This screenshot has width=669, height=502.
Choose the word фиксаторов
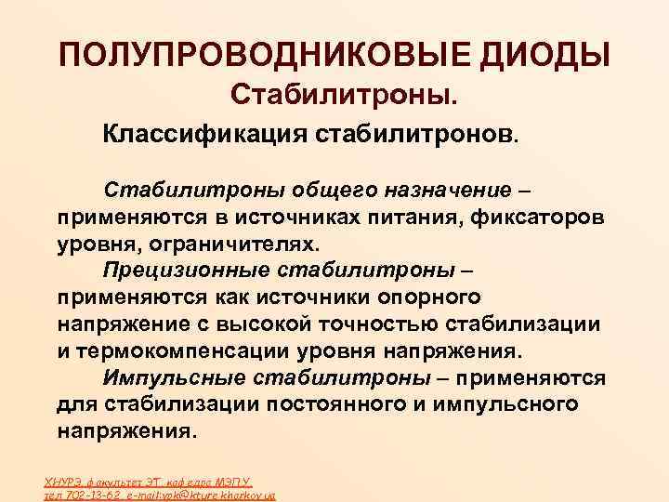536,217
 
